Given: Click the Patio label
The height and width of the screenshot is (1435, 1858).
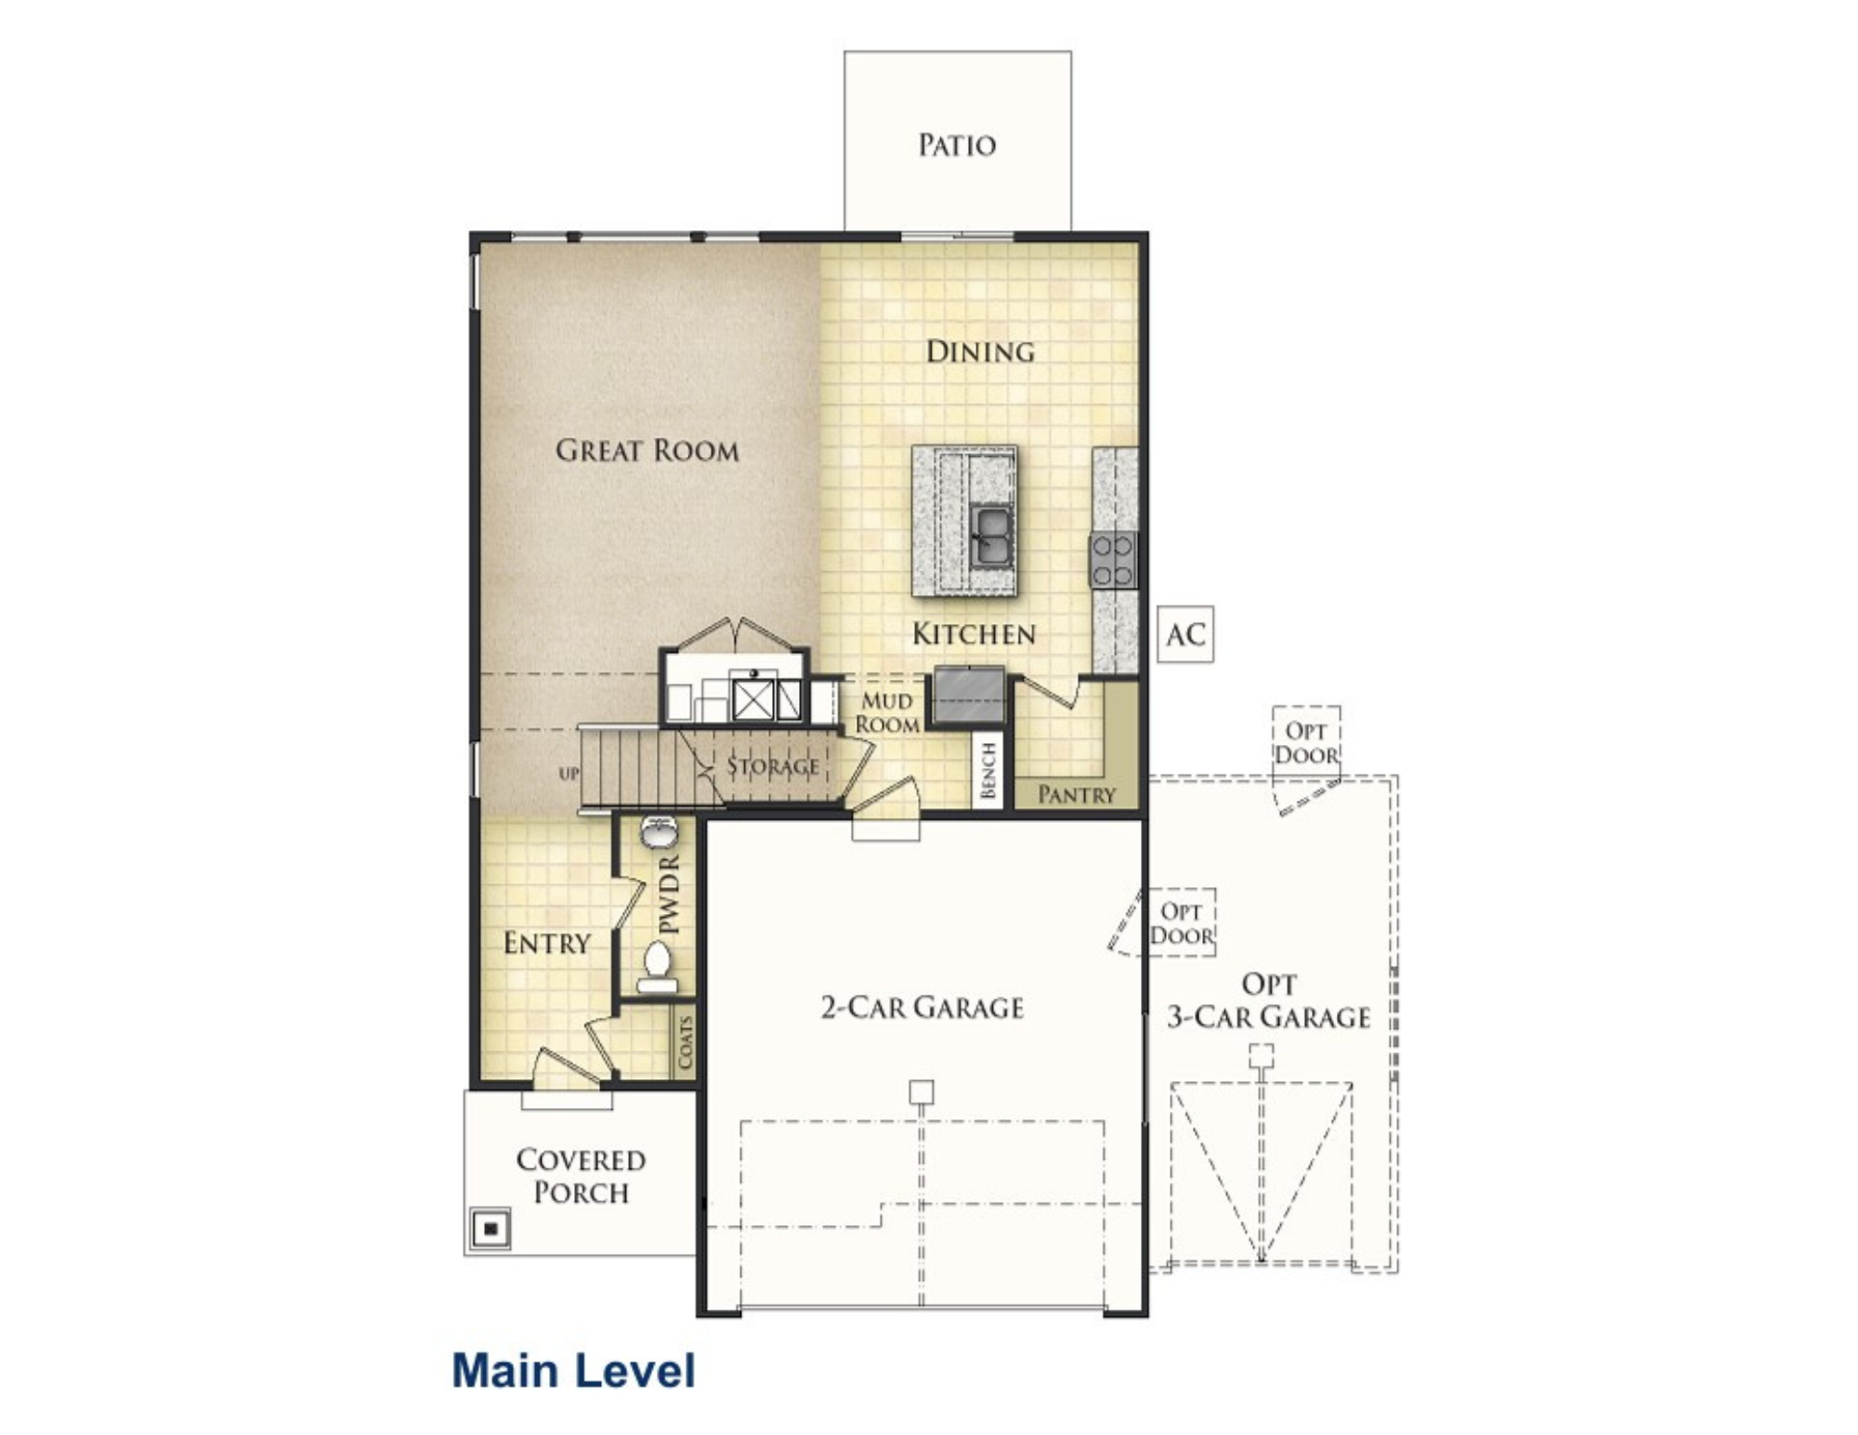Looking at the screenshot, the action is tap(957, 145).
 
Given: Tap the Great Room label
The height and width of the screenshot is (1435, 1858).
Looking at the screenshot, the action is tap(648, 450).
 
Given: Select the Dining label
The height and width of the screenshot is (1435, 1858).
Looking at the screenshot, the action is tap(980, 351).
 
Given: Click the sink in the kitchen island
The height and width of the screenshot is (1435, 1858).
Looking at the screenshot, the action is tap(991, 536).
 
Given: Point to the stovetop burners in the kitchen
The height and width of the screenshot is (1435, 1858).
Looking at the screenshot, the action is tap(1113, 560).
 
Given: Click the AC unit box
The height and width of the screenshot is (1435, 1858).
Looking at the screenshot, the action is tap(1185, 634).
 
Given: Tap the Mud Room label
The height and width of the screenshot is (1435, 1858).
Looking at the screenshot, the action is tap(887, 712).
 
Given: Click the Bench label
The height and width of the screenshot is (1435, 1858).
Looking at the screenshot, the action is tap(988, 770).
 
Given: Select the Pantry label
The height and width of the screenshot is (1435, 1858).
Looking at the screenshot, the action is tap(1076, 794).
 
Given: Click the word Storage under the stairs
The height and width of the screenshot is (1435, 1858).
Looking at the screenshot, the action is tap(773, 766).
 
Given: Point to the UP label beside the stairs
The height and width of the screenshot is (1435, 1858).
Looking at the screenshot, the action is tap(569, 774).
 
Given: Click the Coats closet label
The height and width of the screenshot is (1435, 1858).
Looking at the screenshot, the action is tap(685, 1042).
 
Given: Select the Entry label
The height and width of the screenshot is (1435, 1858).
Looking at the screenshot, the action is tap(546, 944).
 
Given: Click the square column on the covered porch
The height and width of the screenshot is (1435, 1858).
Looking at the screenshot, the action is tap(491, 1229).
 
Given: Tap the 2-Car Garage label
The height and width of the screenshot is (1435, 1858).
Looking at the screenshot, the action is tap(922, 1008).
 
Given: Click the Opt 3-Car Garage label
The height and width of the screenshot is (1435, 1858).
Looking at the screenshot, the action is tap(1268, 1001).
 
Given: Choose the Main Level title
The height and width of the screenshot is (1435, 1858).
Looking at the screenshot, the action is tap(573, 1371).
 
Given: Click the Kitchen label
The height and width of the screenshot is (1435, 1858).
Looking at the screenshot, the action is tap(973, 634).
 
